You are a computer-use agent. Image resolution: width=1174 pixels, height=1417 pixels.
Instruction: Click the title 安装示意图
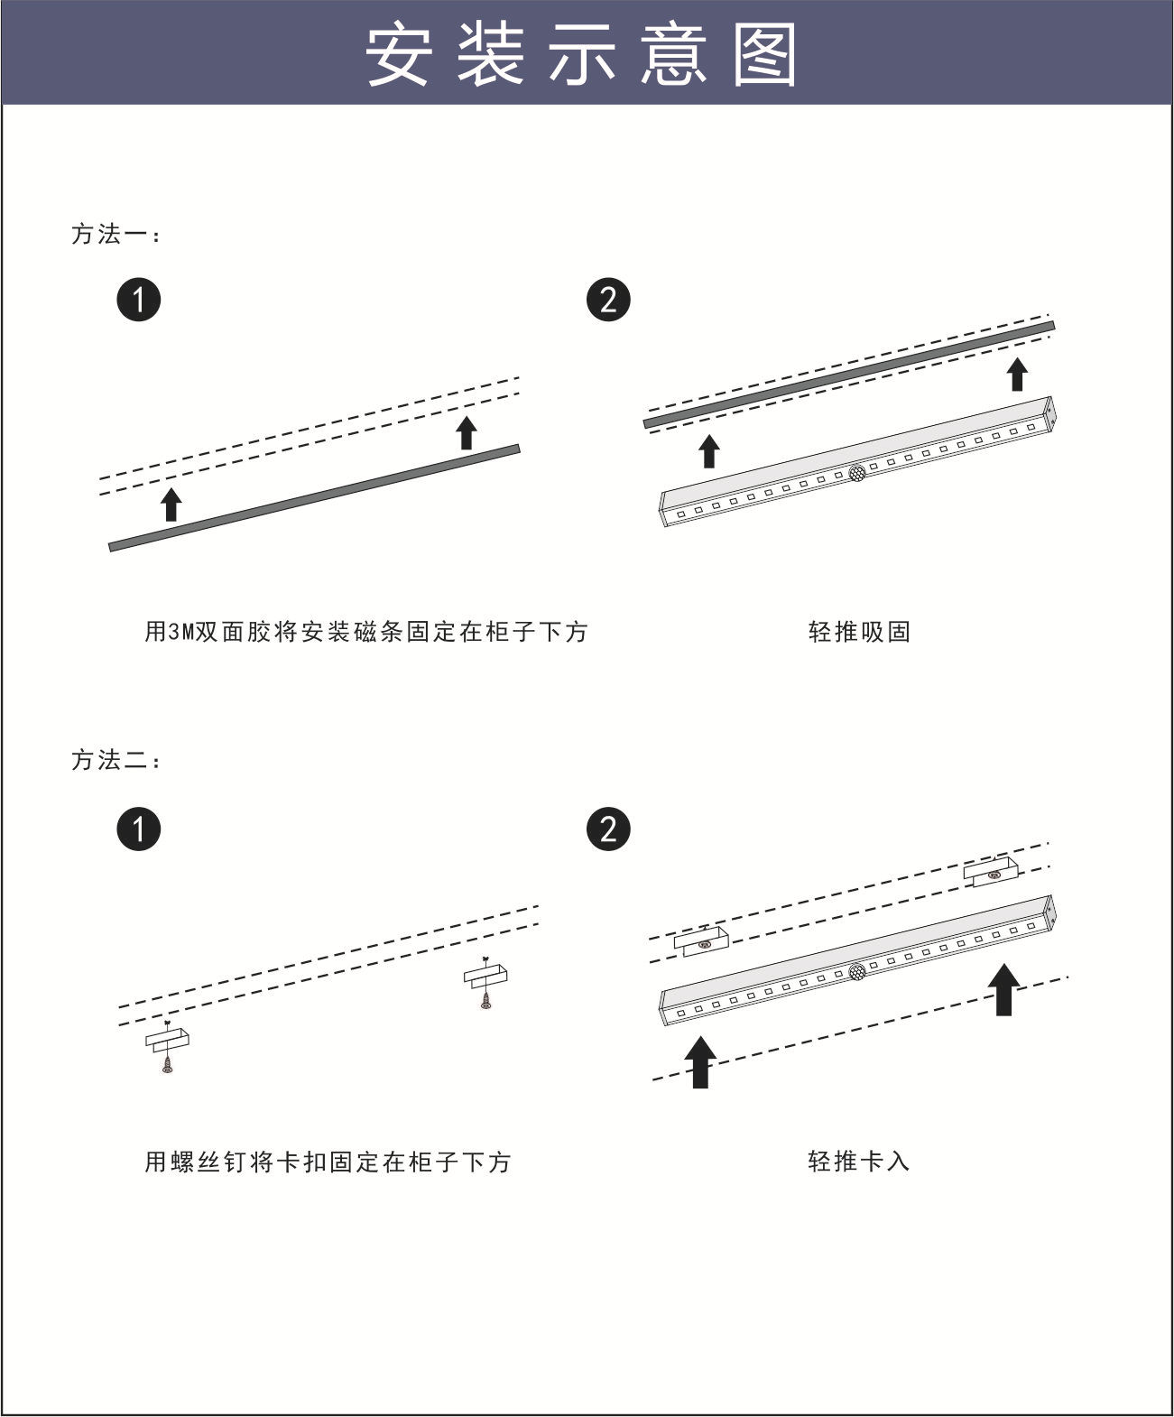click(582, 54)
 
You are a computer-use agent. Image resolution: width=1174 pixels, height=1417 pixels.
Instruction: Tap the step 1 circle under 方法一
click(139, 300)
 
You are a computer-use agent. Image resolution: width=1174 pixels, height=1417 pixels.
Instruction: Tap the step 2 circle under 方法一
click(608, 300)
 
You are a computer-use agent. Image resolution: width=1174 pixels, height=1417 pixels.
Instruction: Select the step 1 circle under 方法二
click(139, 829)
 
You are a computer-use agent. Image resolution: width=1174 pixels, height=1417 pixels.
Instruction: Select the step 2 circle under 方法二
click(608, 829)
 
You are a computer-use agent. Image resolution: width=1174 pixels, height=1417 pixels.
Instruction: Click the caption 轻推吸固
click(859, 632)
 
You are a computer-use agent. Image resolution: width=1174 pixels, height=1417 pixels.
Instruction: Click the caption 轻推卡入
click(859, 1161)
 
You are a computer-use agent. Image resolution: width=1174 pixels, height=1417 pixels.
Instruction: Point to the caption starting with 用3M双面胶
click(366, 632)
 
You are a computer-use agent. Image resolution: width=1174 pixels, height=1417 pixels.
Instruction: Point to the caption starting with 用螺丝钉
click(328, 1162)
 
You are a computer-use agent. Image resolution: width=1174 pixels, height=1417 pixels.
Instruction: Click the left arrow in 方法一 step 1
click(171, 505)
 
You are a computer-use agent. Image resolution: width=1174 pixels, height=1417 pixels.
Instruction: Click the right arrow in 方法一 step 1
click(466, 432)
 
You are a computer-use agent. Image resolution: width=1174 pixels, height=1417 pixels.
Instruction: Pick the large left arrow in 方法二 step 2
click(700, 1061)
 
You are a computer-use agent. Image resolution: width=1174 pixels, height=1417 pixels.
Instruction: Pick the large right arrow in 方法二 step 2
click(1003, 989)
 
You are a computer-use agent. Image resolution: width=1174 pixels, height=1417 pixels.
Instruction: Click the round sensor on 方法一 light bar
click(856, 471)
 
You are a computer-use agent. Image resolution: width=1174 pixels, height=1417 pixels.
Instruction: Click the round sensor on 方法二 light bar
click(856, 972)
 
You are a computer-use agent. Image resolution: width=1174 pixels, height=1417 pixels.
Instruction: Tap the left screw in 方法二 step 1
click(167, 1065)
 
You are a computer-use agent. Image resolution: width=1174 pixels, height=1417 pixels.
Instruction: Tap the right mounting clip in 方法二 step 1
click(485, 976)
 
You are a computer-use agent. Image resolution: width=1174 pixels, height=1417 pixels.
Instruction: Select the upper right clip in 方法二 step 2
click(990, 872)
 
